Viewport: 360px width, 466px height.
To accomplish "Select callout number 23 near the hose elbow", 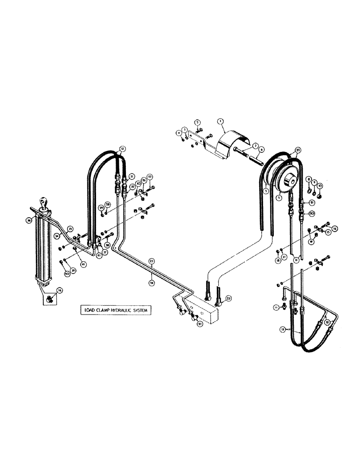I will [x=228, y=298].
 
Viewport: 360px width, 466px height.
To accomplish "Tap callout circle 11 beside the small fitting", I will [x=276, y=308].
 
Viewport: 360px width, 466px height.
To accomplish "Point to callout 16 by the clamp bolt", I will [x=334, y=229].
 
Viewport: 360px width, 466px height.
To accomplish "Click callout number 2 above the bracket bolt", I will [x=197, y=122].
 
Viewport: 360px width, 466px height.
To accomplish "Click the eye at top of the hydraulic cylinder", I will [x=43, y=202].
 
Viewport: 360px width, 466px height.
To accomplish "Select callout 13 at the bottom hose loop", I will [x=282, y=329].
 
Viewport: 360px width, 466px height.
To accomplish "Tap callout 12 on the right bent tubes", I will [x=327, y=322].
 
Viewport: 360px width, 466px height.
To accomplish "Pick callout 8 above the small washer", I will [x=308, y=179].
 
